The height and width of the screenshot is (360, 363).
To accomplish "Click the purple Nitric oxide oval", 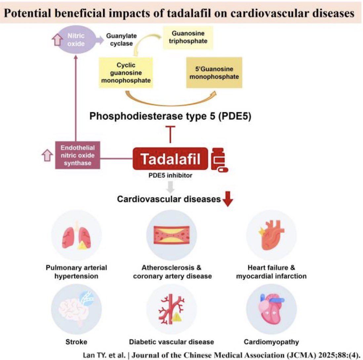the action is (x=76, y=40).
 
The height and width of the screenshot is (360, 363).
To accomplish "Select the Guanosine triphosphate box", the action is (x=188, y=37).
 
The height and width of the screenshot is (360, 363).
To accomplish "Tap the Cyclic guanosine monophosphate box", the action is (x=126, y=73).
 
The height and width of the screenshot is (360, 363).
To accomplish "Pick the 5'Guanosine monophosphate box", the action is (x=214, y=73).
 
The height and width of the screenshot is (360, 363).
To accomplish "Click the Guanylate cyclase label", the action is (x=121, y=40).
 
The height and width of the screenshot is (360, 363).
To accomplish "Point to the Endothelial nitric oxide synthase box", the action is (x=78, y=155).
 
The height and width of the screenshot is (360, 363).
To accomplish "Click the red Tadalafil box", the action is (x=170, y=159).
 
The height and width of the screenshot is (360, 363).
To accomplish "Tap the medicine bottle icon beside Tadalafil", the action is (x=219, y=160).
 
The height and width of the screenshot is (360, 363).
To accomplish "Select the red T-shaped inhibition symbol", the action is (x=170, y=134).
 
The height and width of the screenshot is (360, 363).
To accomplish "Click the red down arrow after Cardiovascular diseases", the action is (x=228, y=199).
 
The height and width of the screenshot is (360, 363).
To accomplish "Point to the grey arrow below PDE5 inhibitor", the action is (x=170, y=187).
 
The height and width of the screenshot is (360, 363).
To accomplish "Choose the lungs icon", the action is (x=76, y=238).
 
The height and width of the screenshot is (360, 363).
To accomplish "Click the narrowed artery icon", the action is (x=172, y=235).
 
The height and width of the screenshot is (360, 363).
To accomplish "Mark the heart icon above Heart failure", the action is (x=271, y=235).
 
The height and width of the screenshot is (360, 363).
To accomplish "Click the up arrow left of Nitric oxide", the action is (x=57, y=40).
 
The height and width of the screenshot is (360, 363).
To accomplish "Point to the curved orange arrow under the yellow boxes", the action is (x=171, y=103).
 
